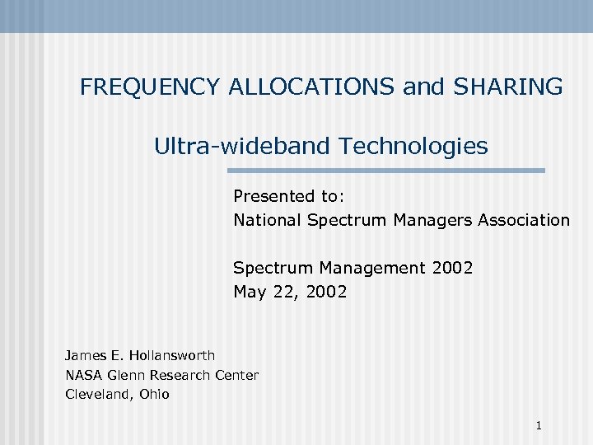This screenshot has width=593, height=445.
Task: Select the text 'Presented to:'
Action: coord(288,196)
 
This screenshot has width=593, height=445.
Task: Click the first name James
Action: coord(84,355)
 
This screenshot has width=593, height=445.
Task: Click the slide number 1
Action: coord(538,426)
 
